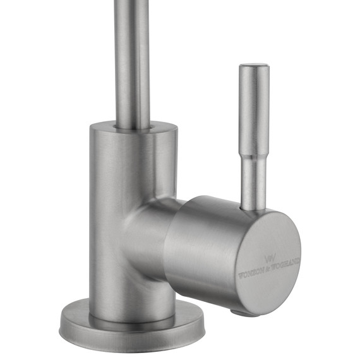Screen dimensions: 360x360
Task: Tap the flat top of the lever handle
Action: [x=254, y=66]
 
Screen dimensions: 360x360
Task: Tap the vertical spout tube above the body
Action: [x=133, y=57]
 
